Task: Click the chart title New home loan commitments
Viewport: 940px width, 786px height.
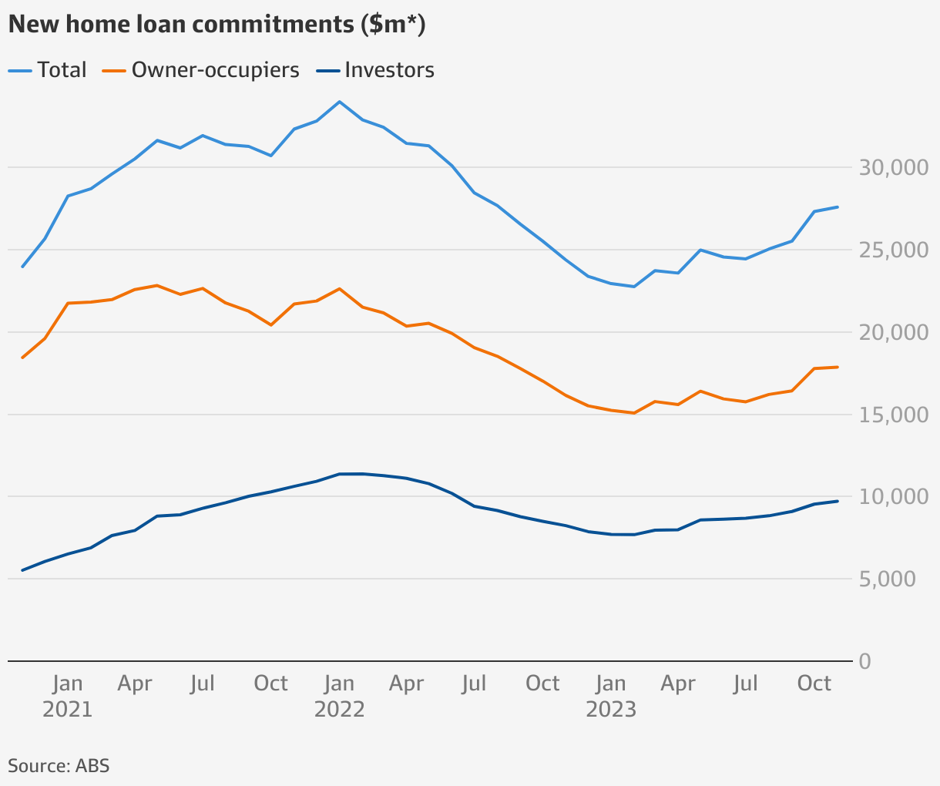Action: pyautogui.click(x=217, y=25)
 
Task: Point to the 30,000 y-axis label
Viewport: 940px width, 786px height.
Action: pyautogui.click(x=894, y=168)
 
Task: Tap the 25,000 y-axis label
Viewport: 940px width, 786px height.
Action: pyautogui.click(x=894, y=250)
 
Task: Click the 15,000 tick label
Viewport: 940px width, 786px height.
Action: pyautogui.click(x=894, y=415)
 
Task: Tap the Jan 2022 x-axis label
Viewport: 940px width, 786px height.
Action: pyautogui.click(x=339, y=696)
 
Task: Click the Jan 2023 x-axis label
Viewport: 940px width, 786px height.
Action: pyautogui.click(x=611, y=696)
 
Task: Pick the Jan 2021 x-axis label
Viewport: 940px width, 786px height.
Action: pyautogui.click(x=68, y=696)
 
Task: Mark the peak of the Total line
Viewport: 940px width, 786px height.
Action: pyautogui.click(x=339, y=102)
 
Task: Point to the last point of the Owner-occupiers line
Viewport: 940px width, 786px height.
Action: pyautogui.click(x=838, y=367)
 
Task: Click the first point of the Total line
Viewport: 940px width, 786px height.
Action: pyautogui.click(x=22, y=267)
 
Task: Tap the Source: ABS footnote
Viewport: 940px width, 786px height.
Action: pyautogui.click(x=59, y=766)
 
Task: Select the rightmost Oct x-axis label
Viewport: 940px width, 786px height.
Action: pyautogui.click(x=814, y=684)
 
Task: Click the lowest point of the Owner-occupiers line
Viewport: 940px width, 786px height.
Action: pyautogui.click(x=633, y=413)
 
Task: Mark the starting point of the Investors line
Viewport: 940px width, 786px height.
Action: pyautogui.click(x=22, y=570)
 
